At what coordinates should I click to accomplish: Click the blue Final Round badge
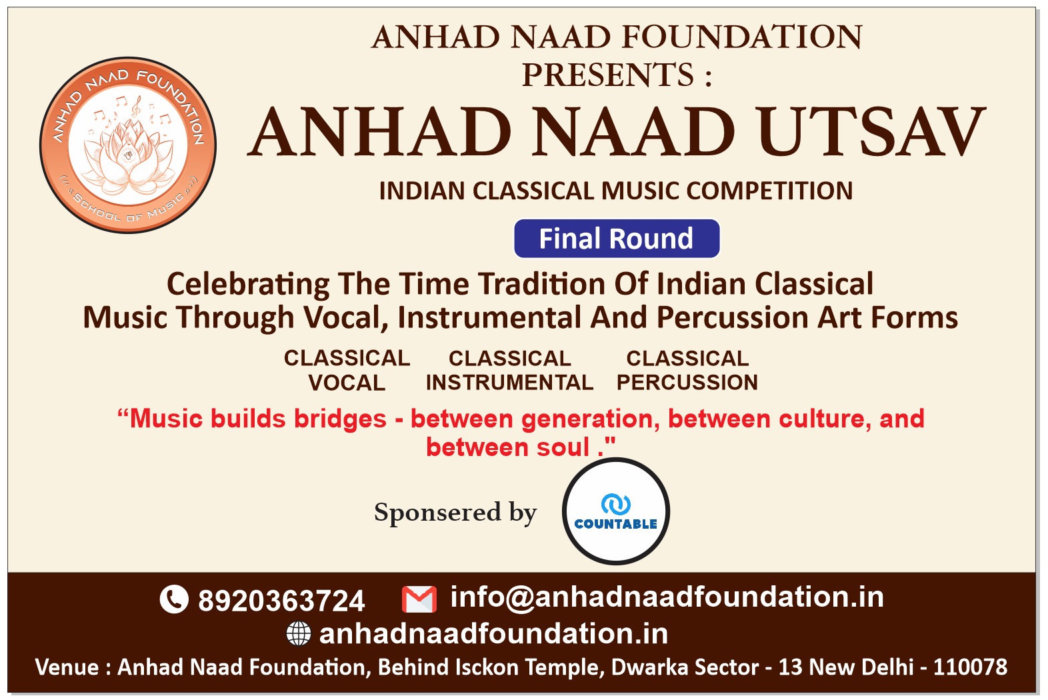pos(617,239)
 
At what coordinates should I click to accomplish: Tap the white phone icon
pos(174,599)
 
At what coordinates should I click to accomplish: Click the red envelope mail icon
pos(419,599)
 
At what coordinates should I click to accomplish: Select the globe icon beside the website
pos(299,633)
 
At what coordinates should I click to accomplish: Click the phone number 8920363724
pos(281,601)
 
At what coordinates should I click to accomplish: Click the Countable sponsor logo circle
pos(616,511)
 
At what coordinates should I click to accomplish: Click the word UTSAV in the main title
pos(873,133)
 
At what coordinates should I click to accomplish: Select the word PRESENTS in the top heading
pos(608,75)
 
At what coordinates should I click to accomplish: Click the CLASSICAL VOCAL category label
pos(347,371)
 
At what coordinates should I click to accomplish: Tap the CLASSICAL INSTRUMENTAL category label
pos(509,371)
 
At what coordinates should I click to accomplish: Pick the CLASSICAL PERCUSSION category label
pos(687,371)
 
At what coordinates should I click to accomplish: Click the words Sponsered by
pos(455,513)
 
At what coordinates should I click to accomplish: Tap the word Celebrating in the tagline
pos(248,285)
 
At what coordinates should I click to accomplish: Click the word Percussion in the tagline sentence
pos(732,318)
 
